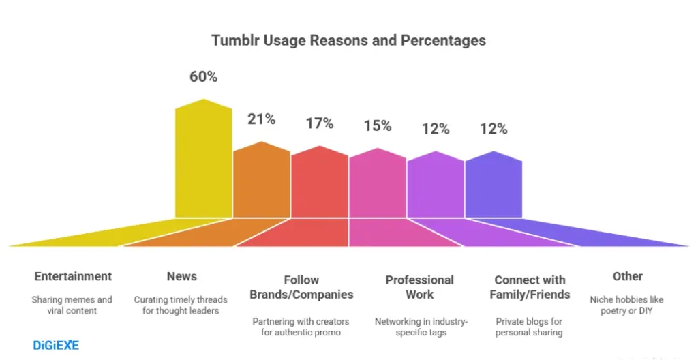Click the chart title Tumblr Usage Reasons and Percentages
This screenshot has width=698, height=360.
[348, 40]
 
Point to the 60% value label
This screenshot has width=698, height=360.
[203, 77]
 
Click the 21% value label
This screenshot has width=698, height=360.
[261, 119]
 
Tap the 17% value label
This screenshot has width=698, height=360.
[319, 123]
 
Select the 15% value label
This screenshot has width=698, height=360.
[377, 125]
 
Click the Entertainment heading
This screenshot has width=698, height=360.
[73, 276]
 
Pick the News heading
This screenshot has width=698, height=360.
[181, 276]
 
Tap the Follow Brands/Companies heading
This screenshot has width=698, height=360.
[301, 287]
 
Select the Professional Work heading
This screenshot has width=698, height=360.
[419, 287]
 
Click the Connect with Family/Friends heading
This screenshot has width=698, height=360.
[530, 287]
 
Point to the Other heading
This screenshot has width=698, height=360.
[627, 276]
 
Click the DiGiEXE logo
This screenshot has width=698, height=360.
[56, 345]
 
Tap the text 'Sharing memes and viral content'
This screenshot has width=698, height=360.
[72, 305]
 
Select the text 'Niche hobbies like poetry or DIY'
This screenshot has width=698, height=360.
[626, 305]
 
